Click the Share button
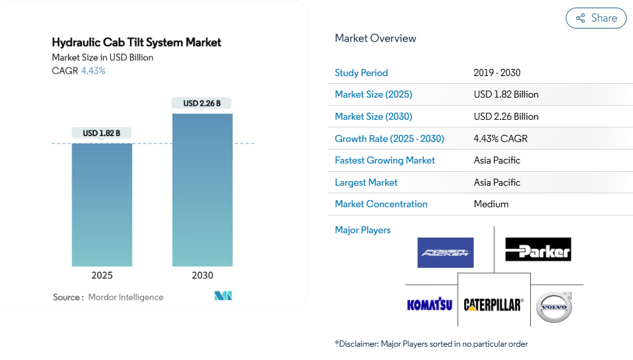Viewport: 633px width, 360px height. [x=596, y=18]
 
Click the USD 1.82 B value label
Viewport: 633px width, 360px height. [x=101, y=133]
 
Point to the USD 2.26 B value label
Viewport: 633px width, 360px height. [x=202, y=103]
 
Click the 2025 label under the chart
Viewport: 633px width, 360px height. [x=101, y=275]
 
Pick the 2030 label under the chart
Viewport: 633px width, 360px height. [x=202, y=275]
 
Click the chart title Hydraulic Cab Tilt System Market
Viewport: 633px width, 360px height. [x=136, y=42]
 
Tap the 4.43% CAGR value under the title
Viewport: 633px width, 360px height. [x=93, y=71]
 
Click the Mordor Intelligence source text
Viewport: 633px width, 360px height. [x=126, y=297]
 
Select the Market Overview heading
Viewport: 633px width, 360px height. [x=375, y=38]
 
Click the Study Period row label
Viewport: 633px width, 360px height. [x=361, y=73]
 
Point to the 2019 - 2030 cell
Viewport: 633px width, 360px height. [x=497, y=73]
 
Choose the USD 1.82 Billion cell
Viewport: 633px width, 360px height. [x=506, y=94]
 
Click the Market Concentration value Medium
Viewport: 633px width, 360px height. [x=491, y=204]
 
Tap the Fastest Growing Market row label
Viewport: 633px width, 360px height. [x=384, y=160]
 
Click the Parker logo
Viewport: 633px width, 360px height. [x=538, y=250]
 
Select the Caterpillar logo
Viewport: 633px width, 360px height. [x=493, y=305]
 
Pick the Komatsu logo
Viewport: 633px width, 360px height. [x=429, y=305]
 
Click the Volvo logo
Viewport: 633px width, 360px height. [x=554, y=307]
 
